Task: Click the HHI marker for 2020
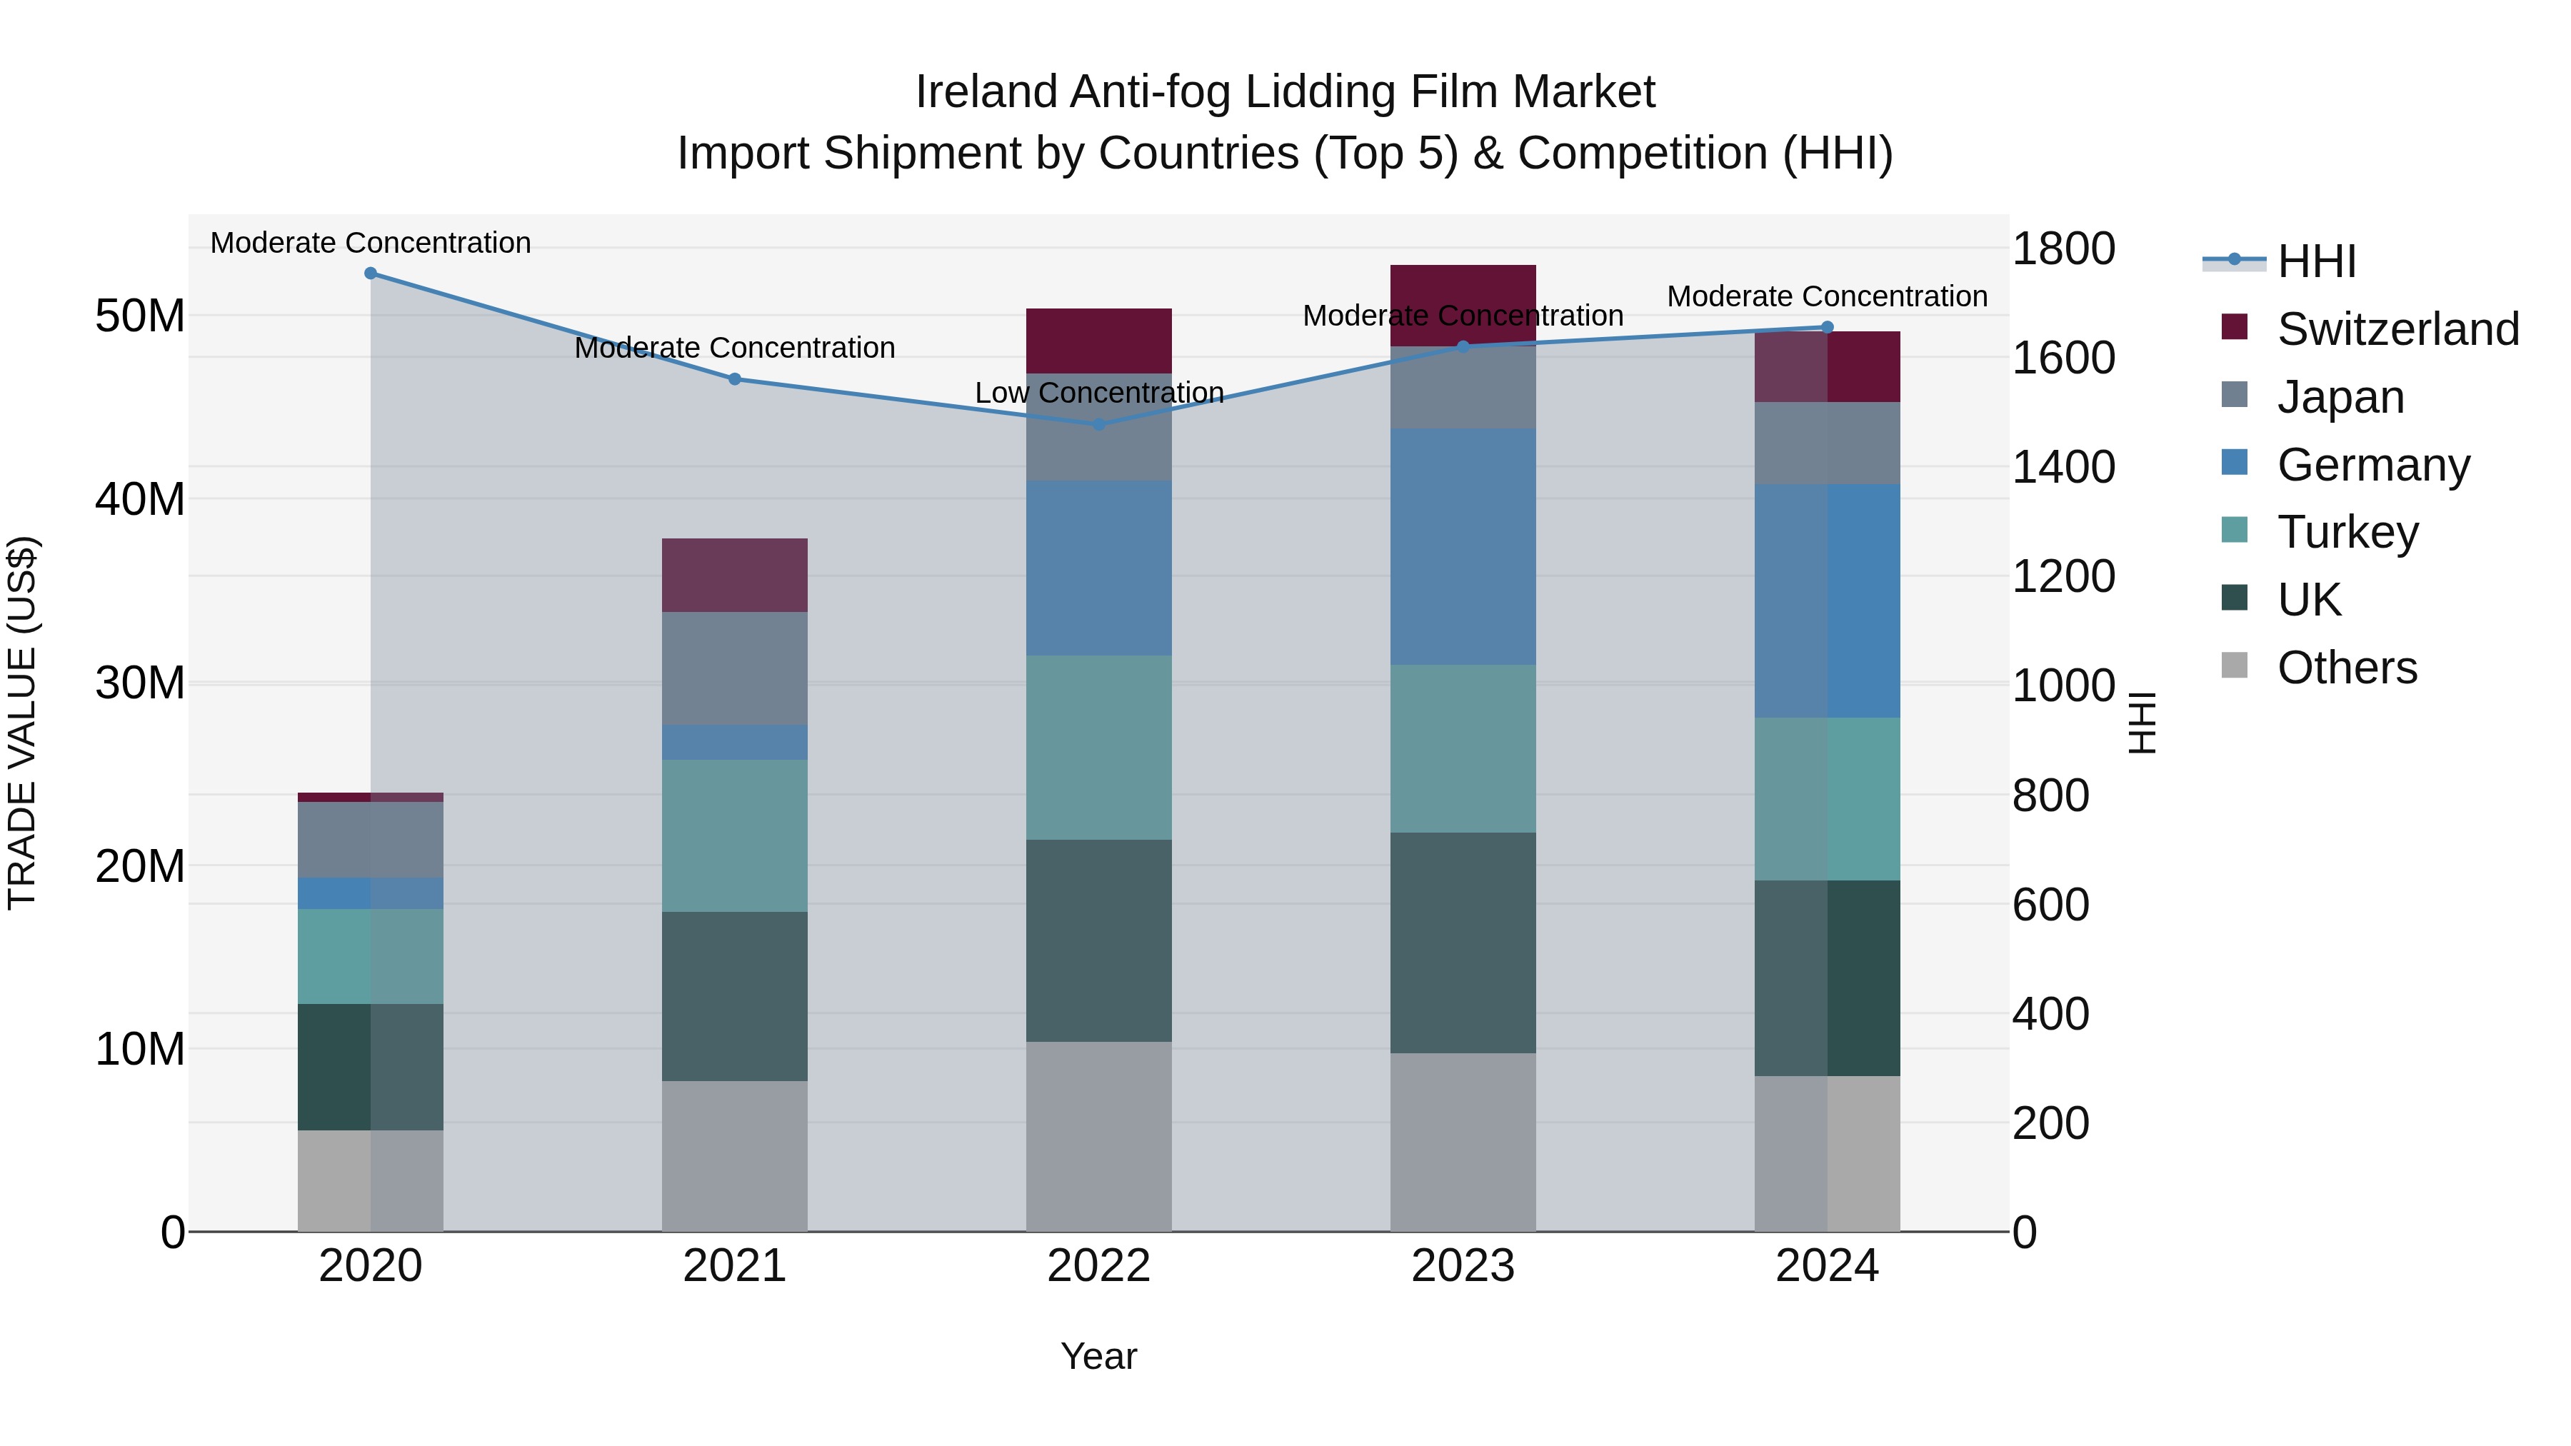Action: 370,273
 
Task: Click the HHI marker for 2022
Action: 1099,424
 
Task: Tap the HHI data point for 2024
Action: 1828,327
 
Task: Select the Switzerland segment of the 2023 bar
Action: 1463,289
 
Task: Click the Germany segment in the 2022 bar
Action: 1099,569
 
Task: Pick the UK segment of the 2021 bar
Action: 735,996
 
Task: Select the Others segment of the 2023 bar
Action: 1463,1142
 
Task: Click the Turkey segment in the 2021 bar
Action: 735,835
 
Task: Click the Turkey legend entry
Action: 2347,532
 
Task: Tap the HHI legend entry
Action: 2315,261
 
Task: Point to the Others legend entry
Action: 2347,668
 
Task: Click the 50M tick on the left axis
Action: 140,316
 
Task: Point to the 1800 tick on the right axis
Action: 2062,248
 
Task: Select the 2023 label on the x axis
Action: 1463,1266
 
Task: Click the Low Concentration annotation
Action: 1099,393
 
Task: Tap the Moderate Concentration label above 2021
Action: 735,348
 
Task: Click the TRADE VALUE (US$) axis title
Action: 22,723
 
